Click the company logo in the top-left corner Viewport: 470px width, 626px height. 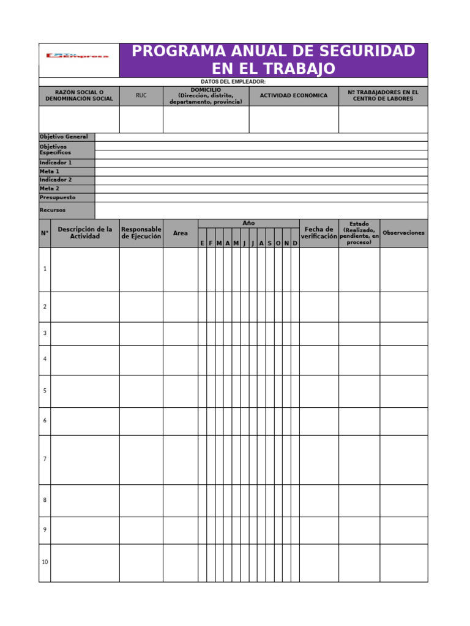click(x=78, y=56)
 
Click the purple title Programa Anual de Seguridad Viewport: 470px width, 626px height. click(x=274, y=59)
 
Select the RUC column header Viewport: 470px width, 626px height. click(x=141, y=96)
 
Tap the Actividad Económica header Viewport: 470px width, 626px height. click(x=294, y=96)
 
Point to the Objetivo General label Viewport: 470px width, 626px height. click(x=64, y=137)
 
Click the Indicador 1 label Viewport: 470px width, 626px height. click(x=56, y=163)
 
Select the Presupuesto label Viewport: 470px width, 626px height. click(x=58, y=197)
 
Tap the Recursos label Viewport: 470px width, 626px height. click(x=53, y=210)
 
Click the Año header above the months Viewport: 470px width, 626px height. click(x=248, y=223)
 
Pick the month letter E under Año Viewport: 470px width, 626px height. click(x=202, y=243)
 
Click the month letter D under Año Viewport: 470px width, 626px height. click(x=295, y=243)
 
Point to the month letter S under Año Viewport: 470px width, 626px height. click(x=269, y=243)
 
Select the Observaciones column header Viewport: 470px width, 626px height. click(x=403, y=233)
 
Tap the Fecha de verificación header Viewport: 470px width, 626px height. click(x=319, y=233)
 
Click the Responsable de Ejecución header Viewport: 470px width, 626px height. click(x=141, y=233)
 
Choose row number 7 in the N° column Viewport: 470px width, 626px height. click(x=45, y=459)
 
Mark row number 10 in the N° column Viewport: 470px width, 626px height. click(x=45, y=562)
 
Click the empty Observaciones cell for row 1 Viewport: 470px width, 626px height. click(x=403, y=269)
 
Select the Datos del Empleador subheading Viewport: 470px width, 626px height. click(x=233, y=82)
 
